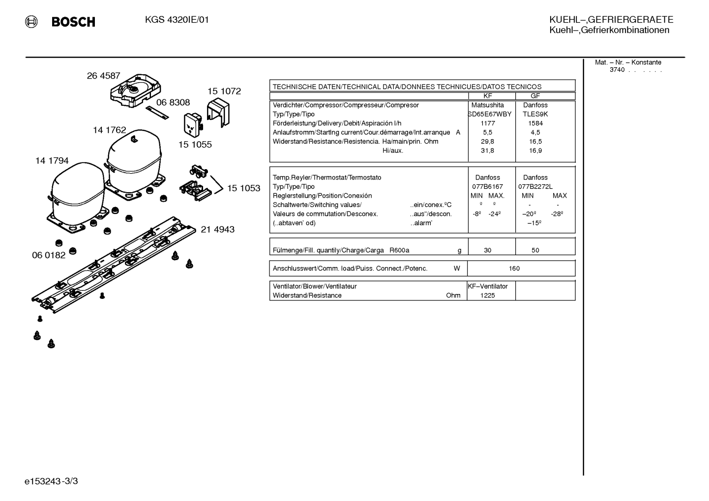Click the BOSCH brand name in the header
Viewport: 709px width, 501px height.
tap(73, 22)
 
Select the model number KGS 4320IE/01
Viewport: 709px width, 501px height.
tap(177, 20)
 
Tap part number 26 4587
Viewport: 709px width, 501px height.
tap(104, 76)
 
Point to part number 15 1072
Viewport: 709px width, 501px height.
tap(224, 91)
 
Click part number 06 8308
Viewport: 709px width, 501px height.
tap(173, 102)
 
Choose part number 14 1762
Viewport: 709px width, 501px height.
tap(110, 130)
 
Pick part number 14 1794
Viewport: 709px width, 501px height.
tap(52, 161)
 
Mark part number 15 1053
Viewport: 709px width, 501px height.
tap(244, 188)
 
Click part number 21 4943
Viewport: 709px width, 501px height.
tap(218, 229)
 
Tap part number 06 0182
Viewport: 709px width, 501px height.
tap(49, 255)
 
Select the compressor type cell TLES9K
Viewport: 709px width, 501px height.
tap(535, 114)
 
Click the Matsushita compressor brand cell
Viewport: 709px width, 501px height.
tap(487, 105)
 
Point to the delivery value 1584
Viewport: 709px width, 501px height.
tap(535, 123)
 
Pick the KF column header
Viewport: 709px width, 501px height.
tap(487, 96)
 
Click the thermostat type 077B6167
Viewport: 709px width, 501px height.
tap(487, 187)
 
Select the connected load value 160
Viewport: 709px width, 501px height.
tap(514, 268)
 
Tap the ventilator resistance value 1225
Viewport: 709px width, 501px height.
tap(487, 295)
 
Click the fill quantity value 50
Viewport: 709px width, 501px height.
tap(535, 250)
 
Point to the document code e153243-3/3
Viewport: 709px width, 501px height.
tap(51, 481)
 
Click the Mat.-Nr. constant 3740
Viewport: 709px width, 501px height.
tap(617, 70)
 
